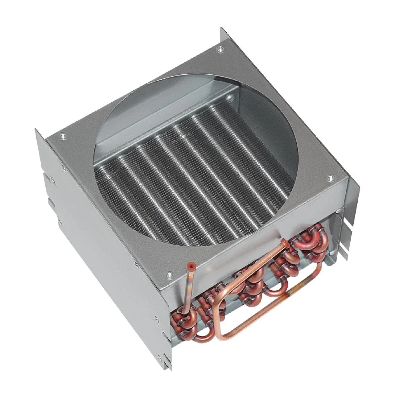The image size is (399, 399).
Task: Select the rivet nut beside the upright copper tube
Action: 168,275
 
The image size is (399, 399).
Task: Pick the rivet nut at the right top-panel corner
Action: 330,178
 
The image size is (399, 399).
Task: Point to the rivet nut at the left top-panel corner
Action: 62,137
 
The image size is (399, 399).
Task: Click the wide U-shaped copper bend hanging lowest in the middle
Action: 277,290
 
